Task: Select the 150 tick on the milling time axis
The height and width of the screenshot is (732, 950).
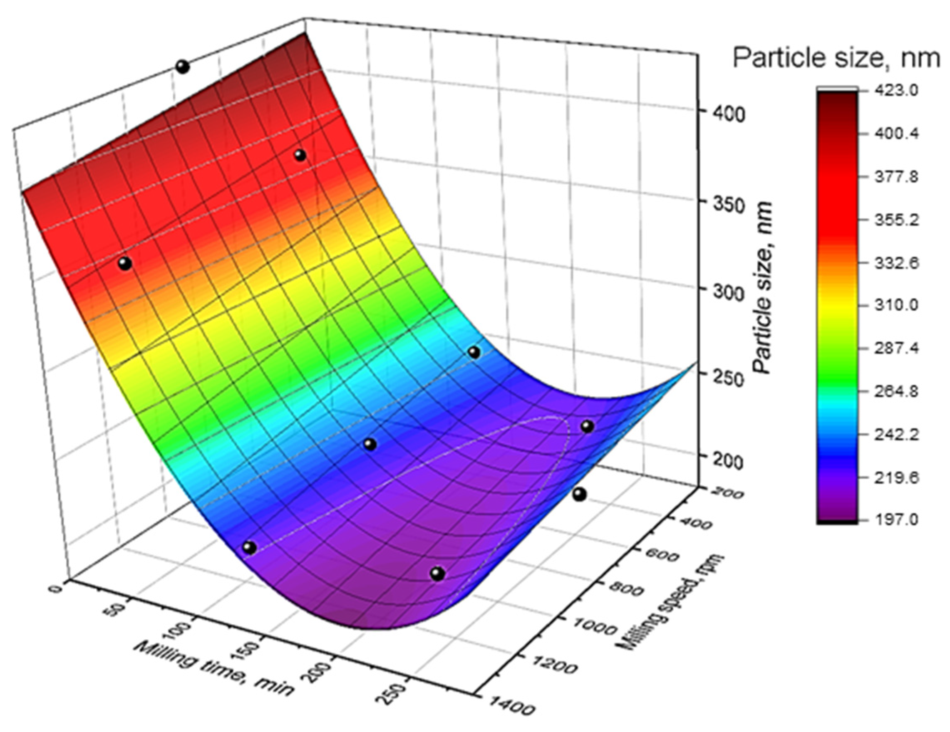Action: pos(249,652)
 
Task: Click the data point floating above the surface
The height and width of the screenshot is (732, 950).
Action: pos(182,67)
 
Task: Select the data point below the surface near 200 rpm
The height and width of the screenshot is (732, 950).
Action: pos(579,494)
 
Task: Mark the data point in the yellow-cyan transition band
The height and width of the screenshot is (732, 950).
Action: pos(474,352)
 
